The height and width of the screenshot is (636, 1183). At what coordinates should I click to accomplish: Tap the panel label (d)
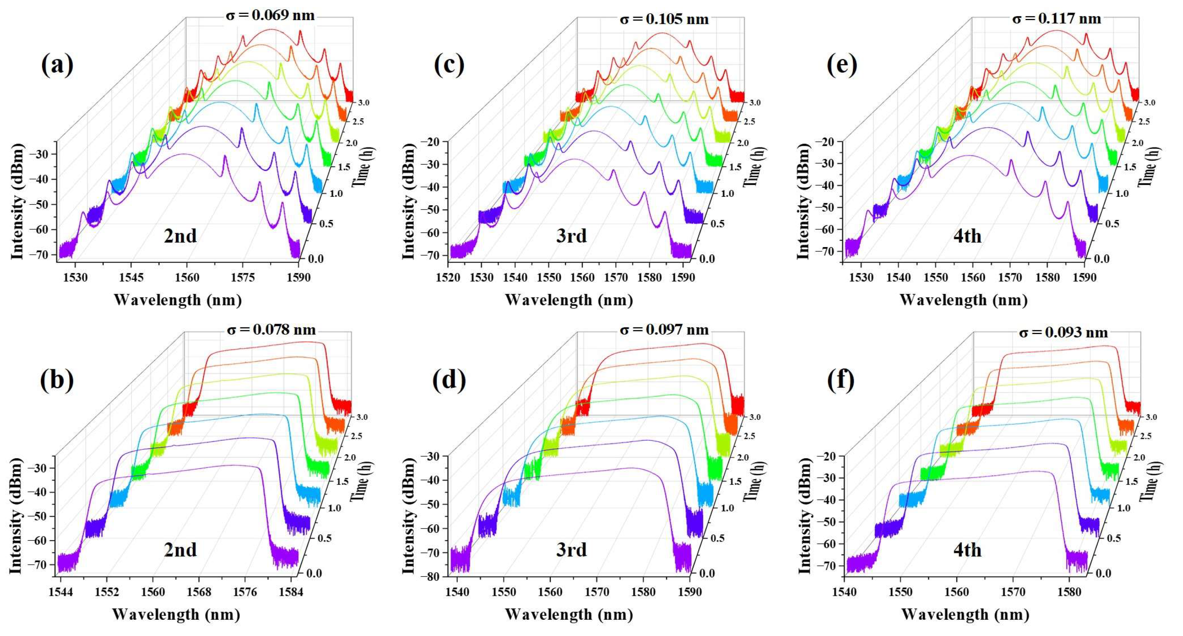449,380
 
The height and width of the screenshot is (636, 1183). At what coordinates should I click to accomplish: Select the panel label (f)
840,380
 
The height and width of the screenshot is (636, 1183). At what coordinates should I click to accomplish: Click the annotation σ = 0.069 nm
270,15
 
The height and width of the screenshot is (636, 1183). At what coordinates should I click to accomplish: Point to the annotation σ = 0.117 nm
1057,19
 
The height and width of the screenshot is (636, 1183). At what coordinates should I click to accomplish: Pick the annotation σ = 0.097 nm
664,330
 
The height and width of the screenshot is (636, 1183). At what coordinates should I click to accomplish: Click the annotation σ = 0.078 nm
271,330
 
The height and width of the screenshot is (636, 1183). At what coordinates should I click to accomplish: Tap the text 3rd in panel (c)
571,236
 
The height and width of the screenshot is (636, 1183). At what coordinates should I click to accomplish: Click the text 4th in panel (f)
967,550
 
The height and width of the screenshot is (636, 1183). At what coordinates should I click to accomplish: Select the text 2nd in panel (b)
180,550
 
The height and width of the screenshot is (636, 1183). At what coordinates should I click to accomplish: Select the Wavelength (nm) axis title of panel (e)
963,300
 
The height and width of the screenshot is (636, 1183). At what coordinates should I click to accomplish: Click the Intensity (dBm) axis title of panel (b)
17,515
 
